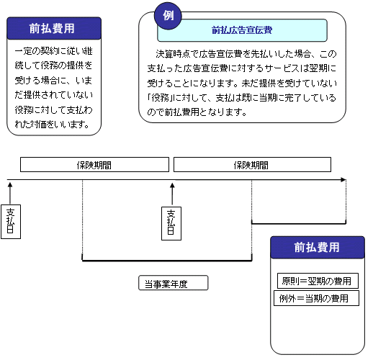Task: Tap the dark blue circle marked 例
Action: point(168,16)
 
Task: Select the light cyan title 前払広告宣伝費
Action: point(242,30)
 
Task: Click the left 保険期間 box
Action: point(94,165)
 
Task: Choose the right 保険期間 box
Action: point(252,165)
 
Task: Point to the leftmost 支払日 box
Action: point(11,222)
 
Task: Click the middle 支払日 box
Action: point(171,223)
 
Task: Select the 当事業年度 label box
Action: point(173,283)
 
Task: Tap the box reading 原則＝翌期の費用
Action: point(318,281)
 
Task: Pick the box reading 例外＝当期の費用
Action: point(316,298)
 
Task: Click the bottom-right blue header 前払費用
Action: point(318,247)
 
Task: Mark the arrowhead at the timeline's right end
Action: point(343,179)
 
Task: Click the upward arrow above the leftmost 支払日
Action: point(10,194)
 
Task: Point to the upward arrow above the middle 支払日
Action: point(172,194)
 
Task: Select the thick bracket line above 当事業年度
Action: point(167,261)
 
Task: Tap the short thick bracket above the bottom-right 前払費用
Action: point(299,224)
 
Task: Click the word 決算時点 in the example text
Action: point(174,54)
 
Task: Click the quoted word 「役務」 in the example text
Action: point(160,98)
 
